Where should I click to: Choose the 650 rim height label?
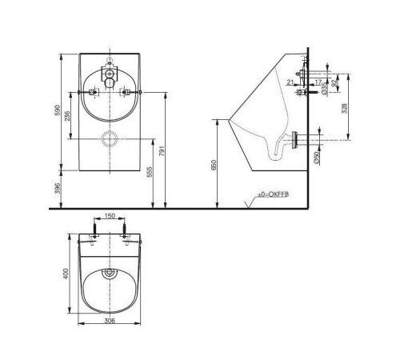click(214, 165)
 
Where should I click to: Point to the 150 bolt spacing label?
click(110, 216)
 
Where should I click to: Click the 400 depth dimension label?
click(66, 274)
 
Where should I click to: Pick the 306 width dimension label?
click(111, 321)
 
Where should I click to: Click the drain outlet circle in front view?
click(110, 138)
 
